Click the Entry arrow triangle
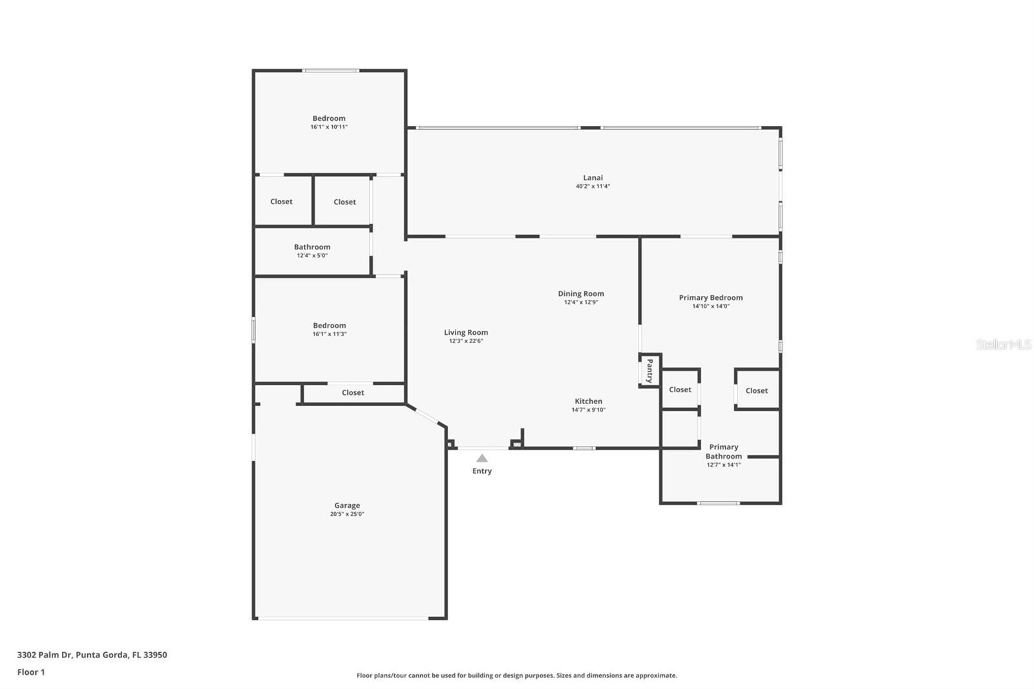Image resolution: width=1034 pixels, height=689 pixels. [x=482, y=458]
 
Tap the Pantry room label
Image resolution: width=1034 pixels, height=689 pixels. [x=649, y=371]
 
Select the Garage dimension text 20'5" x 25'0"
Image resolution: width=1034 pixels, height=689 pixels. [x=347, y=514]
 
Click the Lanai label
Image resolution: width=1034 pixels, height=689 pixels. [x=593, y=178]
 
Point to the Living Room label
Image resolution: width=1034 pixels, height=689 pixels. [x=466, y=332]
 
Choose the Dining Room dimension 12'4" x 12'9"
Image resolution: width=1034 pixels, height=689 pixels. [x=581, y=302]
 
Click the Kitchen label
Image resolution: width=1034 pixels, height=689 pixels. [x=588, y=401]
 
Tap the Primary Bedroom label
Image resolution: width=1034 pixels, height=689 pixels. [x=710, y=298]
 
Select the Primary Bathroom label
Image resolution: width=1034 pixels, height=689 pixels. [x=723, y=451]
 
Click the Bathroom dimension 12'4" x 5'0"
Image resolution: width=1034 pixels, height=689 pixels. [x=312, y=255]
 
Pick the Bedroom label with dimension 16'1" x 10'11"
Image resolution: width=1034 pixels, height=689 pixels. [x=329, y=118]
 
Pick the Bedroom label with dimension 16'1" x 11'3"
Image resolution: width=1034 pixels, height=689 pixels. [x=330, y=326]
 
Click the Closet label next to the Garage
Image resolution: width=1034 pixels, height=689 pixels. [x=353, y=392]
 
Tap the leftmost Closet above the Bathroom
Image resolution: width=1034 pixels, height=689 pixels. [x=281, y=202]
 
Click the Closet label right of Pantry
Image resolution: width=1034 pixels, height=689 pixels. [x=680, y=390]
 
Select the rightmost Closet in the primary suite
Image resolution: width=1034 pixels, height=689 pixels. [x=756, y=390]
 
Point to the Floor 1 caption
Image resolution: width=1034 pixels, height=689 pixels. [x=31, y=672]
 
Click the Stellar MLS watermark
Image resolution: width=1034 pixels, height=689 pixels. [x=1003, y=344]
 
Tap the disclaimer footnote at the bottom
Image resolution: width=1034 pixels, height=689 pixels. [x=516, y=675]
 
